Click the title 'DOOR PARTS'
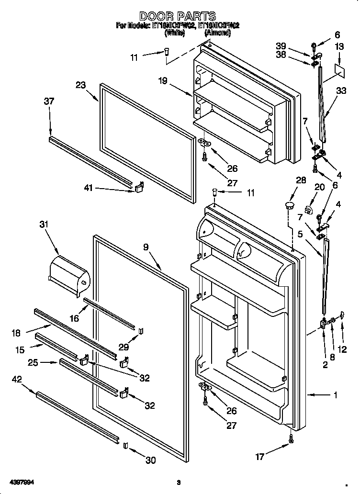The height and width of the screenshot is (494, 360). (x=178, y=16)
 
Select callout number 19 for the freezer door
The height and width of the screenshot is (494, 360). (x=163, y=81)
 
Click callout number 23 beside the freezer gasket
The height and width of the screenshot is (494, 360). (x=80, y=85)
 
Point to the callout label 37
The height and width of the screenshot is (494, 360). (x=49, y=101)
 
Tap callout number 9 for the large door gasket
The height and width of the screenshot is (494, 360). (x=146, y=247)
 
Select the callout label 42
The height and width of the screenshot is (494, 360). (x=17, y=379)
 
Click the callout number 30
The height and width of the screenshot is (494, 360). (x=151, y=460)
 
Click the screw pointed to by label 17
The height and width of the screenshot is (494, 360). (x=291, y=438)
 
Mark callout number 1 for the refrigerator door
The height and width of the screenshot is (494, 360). (x=336, y=395)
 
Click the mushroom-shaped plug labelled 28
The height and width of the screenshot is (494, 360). (x=289, y=206)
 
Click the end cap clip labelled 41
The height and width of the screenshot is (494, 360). (x=139, y=188)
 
